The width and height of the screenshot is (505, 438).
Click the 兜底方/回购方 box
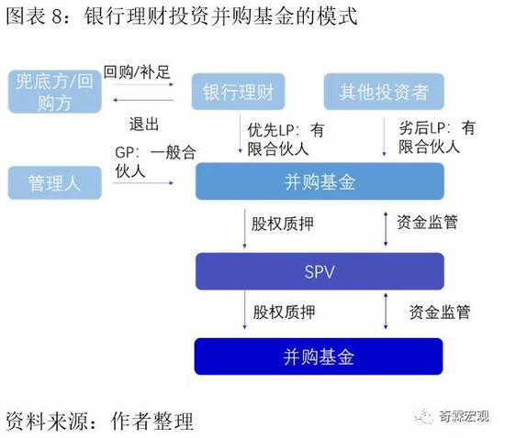tap(55, 92)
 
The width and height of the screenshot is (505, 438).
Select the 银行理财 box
tap(238, 92)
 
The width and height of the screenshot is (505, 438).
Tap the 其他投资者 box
tap(384, 92)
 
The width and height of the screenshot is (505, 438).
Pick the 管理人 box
tap(55, 183)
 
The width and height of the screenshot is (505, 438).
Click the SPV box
tap(320, 271)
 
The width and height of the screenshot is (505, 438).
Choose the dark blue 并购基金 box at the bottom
tap(319, 356)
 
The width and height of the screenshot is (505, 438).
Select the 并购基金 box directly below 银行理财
tap(320, 181)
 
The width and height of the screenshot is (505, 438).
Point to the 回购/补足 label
tap(137, 71)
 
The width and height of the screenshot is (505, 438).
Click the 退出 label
tap(144, 124)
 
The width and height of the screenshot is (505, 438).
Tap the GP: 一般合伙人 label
tap(155, 161)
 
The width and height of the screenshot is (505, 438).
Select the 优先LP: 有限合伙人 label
tap(286, 140)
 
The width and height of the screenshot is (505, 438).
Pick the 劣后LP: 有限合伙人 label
tap(437, 137)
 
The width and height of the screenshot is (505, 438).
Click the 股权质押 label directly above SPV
tap(283, 224)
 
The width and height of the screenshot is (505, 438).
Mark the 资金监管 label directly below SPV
tap(440, 312)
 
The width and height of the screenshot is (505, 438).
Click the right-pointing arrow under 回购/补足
tap(143, 84)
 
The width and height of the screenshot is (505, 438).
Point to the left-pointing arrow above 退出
tap(143, 100)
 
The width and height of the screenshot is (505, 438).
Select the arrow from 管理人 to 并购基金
tap(143, 183)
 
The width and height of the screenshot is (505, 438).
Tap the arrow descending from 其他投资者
tap(384, 137)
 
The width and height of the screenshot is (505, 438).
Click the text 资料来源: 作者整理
tap(99, 421)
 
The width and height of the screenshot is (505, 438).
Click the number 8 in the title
tap(57, 16)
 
